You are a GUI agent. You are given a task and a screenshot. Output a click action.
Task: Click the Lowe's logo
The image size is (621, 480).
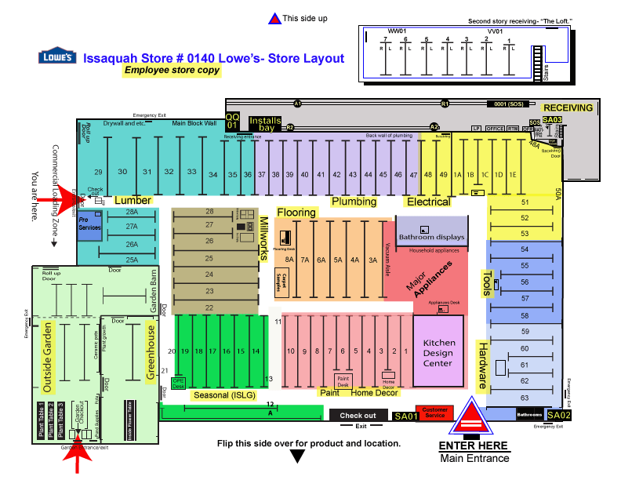coord(56,57)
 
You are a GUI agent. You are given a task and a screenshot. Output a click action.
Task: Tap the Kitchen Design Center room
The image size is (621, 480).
coord(438,352)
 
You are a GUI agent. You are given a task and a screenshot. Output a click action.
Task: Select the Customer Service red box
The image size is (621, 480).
coord(434,413)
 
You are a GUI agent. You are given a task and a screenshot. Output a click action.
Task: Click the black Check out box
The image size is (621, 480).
coord(358,416)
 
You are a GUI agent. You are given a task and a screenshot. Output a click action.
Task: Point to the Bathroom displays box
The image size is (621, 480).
coord(431,237)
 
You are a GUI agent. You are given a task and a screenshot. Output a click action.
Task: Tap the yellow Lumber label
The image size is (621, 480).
coord(133,201)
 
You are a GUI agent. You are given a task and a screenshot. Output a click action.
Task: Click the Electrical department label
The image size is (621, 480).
coord(428,202)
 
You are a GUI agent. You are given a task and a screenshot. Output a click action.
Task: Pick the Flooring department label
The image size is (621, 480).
coord(296,213)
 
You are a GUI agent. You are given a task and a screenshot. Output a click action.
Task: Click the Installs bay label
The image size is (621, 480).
coord(264,123)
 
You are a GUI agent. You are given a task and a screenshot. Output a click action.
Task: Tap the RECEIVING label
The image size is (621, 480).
coord(568,107)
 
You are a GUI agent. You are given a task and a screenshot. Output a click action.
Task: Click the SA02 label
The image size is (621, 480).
coord(559,415)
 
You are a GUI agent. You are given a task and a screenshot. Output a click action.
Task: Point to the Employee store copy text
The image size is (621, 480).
coord(172,70)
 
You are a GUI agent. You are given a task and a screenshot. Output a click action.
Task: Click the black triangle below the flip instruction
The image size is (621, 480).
coord(297,456)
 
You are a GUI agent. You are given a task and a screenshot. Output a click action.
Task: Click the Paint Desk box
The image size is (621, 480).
coord(343,382)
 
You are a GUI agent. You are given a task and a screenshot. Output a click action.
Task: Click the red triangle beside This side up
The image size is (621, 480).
coord(274,19)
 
